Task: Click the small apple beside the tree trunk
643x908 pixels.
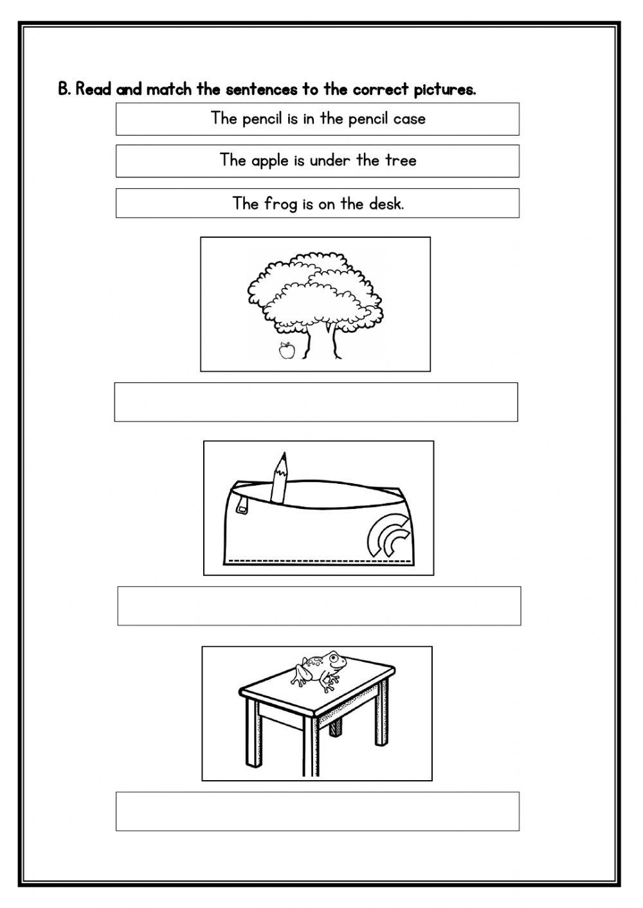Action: tap(286, 351)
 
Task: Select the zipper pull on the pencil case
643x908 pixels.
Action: tap(242, 504)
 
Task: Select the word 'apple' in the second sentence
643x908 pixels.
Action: tap(271, 160)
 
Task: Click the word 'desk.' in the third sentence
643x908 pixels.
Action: tap(386, 204)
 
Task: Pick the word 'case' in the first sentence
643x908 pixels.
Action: tap(409, 118)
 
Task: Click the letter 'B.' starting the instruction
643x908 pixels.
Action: tap(64, 89)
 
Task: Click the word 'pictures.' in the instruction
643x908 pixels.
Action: tap(444, 89)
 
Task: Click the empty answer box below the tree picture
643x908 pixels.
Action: tap(316, 402)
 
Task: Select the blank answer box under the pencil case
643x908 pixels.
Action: tap(319, 605)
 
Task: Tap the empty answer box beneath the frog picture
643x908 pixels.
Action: tap(318, 811)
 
